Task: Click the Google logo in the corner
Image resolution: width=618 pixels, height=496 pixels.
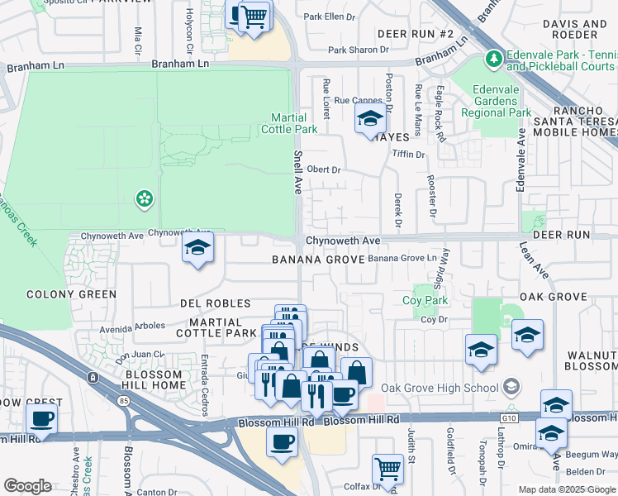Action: tap(27, 486)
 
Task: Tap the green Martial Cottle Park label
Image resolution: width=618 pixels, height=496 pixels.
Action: tap(289, 123)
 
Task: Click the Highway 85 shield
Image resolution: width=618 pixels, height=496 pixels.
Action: tap(93, 378)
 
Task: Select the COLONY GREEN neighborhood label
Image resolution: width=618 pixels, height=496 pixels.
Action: tap(71, 294)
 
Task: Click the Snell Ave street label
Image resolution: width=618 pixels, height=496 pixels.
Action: tap(297, 172)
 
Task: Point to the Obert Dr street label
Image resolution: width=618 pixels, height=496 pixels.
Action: tap(324, 169)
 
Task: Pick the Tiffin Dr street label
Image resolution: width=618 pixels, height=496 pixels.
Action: tap(408, 154)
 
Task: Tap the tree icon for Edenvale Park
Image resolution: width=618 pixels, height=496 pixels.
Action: tap(493, 59)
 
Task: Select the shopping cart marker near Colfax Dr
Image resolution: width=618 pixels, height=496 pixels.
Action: tap(387, 469)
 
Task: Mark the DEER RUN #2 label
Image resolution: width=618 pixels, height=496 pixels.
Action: tap(416, 34)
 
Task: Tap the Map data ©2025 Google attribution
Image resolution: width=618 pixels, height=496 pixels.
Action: tap(566, 489)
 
